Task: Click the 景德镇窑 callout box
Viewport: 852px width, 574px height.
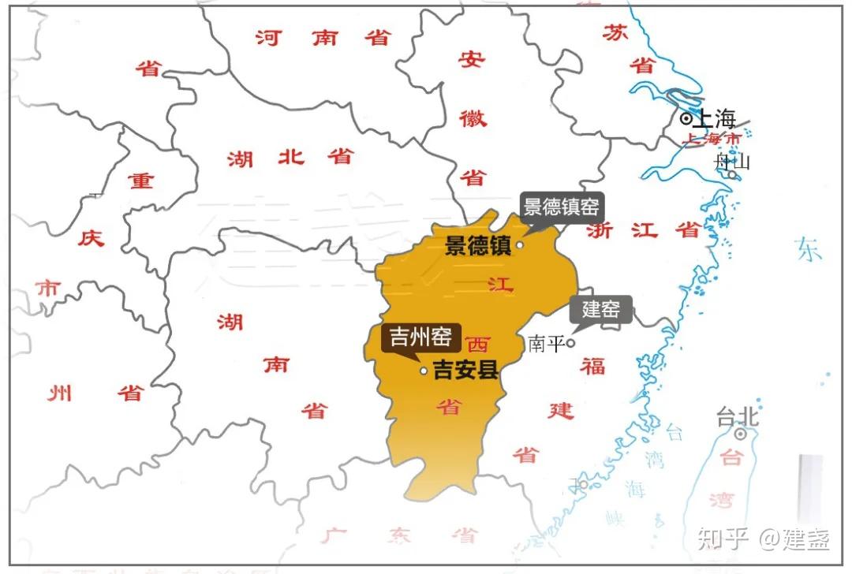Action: click(x=561, y=208)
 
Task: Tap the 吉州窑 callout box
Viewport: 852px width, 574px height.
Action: click(x=420, y=338)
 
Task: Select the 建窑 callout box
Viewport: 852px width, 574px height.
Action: click(x=601, y=309)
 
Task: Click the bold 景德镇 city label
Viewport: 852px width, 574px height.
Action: click(x=478, y=245)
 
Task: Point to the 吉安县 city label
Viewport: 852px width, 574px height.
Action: click(x=466, y=370)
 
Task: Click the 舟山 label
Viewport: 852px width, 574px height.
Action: click(x=731, y=162)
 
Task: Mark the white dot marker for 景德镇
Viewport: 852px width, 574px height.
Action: click(x=520, y=245)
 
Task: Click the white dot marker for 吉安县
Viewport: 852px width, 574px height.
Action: click(x=424, y=371)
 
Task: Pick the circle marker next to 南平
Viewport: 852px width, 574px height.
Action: click(x=570, y=343)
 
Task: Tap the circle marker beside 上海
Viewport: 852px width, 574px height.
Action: click(x=686, y=119)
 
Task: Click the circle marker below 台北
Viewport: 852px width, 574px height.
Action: click(x=740, y=434)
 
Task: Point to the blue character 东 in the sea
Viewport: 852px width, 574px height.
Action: click(x=809, y=249)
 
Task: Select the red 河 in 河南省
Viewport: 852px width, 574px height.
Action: click(x=267, y=37)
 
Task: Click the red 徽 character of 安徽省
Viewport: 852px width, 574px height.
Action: click(x=473, y=119)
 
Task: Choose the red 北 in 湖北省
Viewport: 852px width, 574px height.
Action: click(x=290, y=157)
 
